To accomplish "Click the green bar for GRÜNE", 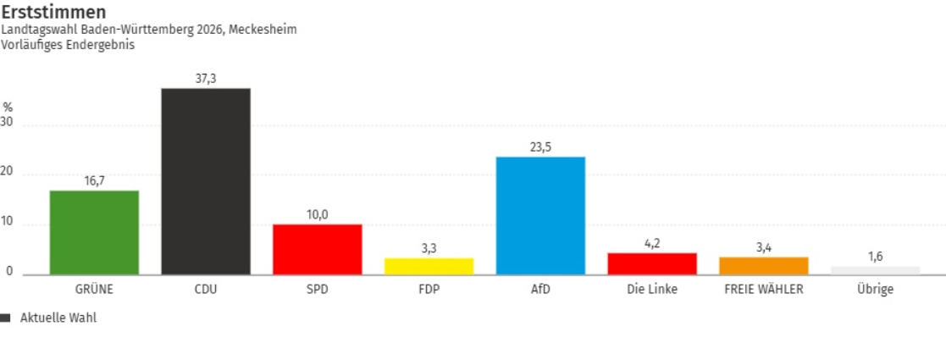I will pyautogui.click(x=94, y=232).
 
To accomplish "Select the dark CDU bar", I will pyautogui.click(x=206, y=181).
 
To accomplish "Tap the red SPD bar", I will pyautogui.click(x=317, y=249).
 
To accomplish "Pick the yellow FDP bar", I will pyautogui.click(x=429, y=266).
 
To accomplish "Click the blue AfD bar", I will pyautogui.click(x=540, y=215).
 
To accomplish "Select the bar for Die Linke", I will pyautogui.click(x=652, y=263).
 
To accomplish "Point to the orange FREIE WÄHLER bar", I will pyautogui.click(x=763, y=265).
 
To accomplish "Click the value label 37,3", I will pyautogui.click(x=206, y=78).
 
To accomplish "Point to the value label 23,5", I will pyautogui.click(x=540, y=147).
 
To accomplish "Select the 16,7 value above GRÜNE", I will pyautogui.click(x=94, y=180).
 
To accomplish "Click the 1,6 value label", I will pyautogui.click(x=875, y=256).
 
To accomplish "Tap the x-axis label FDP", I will pyautogui.click(x=429, y=289).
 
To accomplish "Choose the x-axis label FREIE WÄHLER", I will pyautogui.click(x=763, y=289).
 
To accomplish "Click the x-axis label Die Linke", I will pyautogui.click(x=652, y=289).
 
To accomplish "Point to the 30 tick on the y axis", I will pyautogui.click(x=8, y=122).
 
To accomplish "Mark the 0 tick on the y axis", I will pyautogui.click(x=9, y=272).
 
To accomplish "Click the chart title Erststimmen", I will pyautogui.click(x=53, y=12).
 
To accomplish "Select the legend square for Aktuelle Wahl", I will pyautogui.click(x=6, y=318).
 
